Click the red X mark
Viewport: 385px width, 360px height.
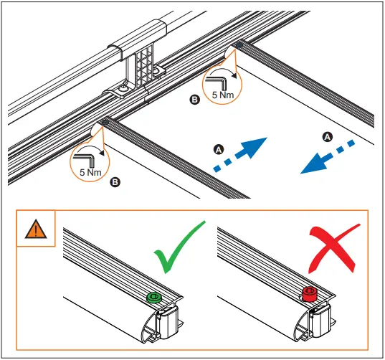[x=333, y=248]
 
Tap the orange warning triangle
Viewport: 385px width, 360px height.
[x=36, y=229]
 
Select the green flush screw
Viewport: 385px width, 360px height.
[x=154, y=298]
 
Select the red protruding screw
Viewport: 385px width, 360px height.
[x=310, y=294]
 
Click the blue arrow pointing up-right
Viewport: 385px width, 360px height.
[x=241, y=155]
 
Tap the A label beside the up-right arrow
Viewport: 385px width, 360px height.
[x=219, y=149]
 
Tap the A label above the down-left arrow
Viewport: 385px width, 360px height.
[x=328, y=137]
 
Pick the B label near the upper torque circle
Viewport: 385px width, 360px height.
[x=194, y=100]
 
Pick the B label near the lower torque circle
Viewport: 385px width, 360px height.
[x=115, y=182]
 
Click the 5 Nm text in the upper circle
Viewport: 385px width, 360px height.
[x=223, y=95]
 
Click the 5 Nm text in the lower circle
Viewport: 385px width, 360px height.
[x=90, y=172]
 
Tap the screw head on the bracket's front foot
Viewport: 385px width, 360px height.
[x=123, y=89]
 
